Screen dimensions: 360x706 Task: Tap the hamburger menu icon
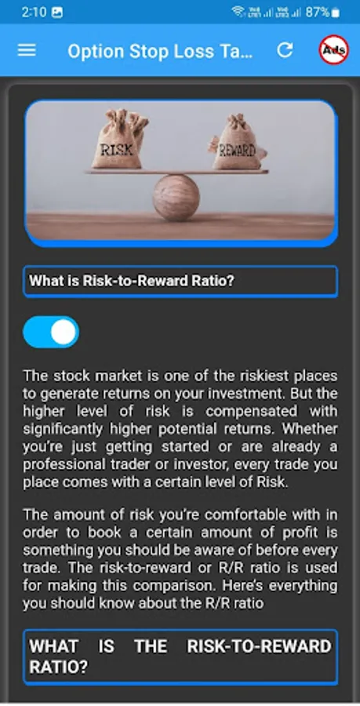27,50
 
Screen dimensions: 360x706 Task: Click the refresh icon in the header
285,50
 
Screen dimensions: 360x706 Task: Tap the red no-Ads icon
333,49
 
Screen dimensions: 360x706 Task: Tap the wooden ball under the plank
176,197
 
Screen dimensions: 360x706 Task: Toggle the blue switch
51,332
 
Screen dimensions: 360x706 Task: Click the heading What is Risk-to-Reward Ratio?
132,281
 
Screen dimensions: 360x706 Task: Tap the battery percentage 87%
317,12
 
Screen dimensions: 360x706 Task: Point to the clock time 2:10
34,12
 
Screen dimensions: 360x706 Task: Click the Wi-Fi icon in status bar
238,12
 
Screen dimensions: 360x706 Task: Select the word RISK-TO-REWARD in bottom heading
259,646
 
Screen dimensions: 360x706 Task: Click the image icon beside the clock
57,13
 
